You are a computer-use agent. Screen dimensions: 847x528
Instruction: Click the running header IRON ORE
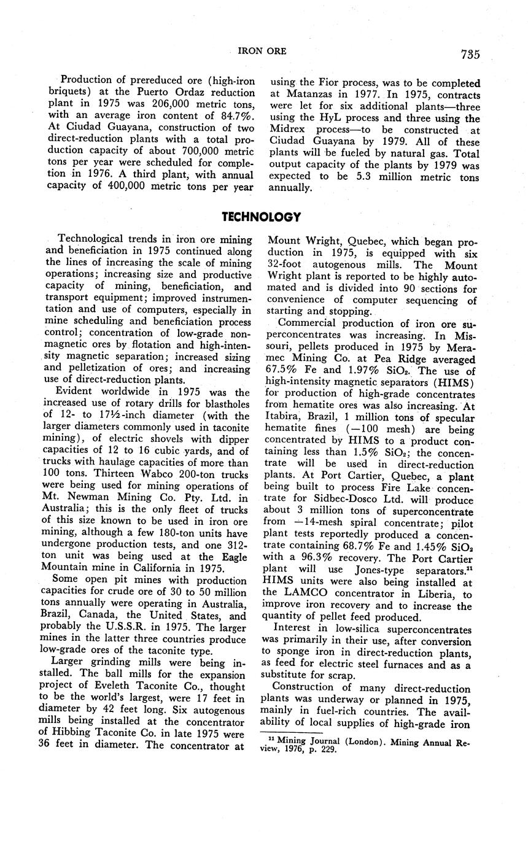262,51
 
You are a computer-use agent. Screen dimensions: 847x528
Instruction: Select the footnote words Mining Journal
306,741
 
